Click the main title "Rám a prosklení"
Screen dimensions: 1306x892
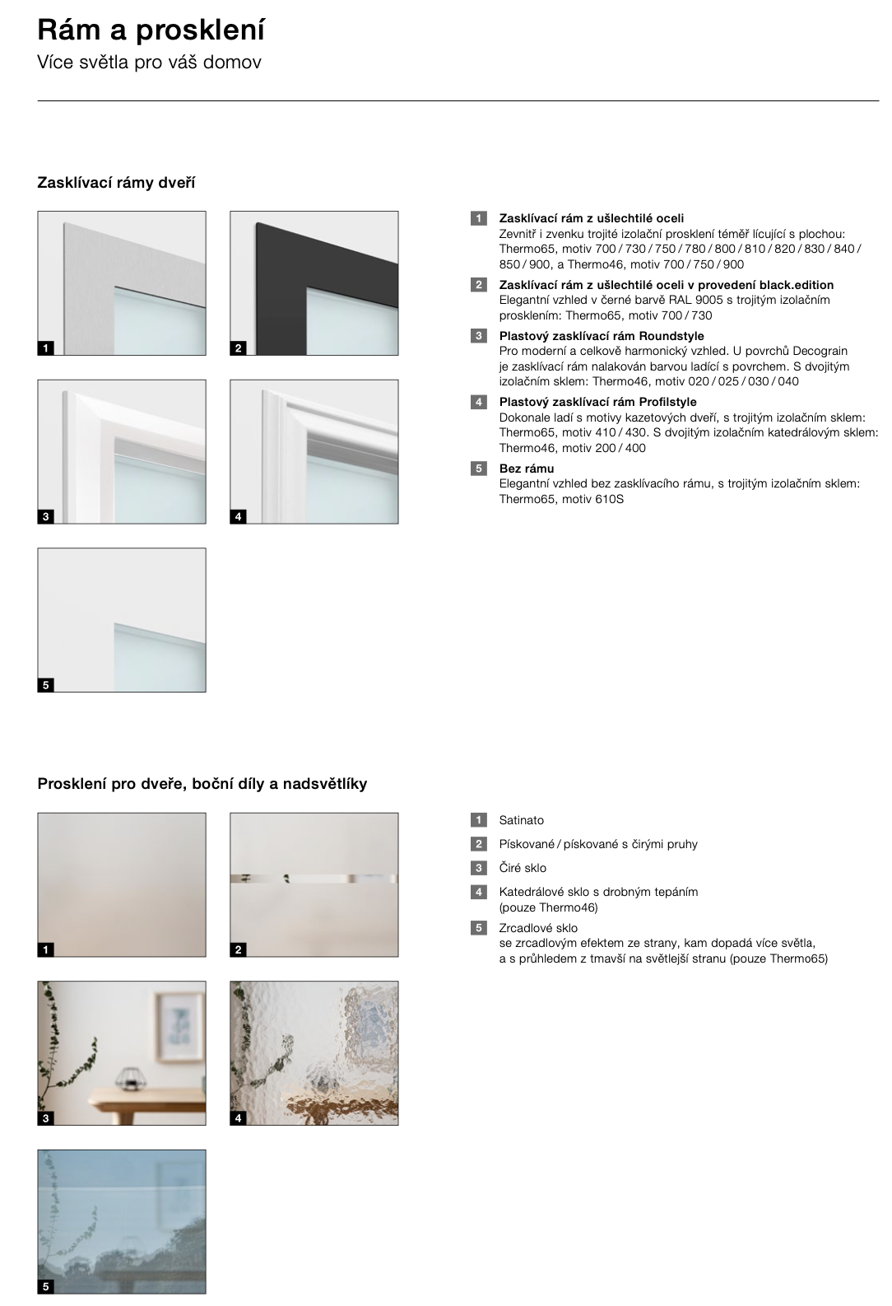[x=151, y=30]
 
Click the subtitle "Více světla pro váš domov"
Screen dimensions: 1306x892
[x=149, y=63]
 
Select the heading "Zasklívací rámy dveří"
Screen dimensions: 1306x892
[x=116, y=182]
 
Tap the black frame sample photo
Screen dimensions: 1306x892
[x=314, y=283]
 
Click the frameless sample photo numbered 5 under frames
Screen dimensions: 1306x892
[x=122, y=619]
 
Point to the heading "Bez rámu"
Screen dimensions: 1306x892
[x=526, y=469]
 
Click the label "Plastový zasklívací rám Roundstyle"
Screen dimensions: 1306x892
[x=602, y=336]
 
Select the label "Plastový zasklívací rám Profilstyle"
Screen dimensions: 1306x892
[x=597, y=402]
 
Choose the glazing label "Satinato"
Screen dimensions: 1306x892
[x=521, y=820]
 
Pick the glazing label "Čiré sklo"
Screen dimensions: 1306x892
[x=523, y=868]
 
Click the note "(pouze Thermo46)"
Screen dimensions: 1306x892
[x=548, y=907]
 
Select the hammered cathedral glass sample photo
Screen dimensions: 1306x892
[x=314, y=1052]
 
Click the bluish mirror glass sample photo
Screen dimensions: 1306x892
[x=122, y=1221]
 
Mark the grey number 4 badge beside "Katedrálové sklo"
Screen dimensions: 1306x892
[x=478, y=892]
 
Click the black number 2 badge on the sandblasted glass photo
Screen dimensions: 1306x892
[x=239, y=949]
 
